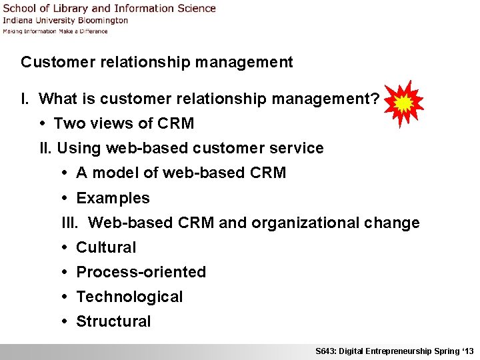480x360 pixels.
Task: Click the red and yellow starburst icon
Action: pyautogui.click(x=403, y=104)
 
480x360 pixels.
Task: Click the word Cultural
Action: pyautogui.click(x=106, y=247)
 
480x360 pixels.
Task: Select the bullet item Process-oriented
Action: pyautogui.click(x=141, y=272)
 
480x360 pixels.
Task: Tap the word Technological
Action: pyautogui.click(x=129, y=297)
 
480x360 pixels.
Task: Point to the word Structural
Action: pyautogui.click(x=113, y=321)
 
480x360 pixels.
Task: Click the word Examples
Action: pyautogui.click(x=113, y=198)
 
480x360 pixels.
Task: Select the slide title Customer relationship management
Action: pyautogui.click(x=157, y=62)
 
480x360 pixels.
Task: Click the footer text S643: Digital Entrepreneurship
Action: pyautogui.click(x=373, y=351)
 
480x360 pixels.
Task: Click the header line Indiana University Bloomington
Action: pyautogui.click(x=65, y=21)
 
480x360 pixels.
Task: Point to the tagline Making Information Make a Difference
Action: pyautogui.click(x=55, y=31)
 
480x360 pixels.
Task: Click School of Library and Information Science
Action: pyautogui.click(x=109, y=9)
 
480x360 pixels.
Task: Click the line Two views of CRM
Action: pyautogui.click(x=123, y=123)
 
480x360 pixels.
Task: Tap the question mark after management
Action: pyautogui.click(x=375, y=99)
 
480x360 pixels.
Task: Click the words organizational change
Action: pyautogui.click(x=335, y=223)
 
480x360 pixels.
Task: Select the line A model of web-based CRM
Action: pyautogui.click(x=181, y=173)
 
